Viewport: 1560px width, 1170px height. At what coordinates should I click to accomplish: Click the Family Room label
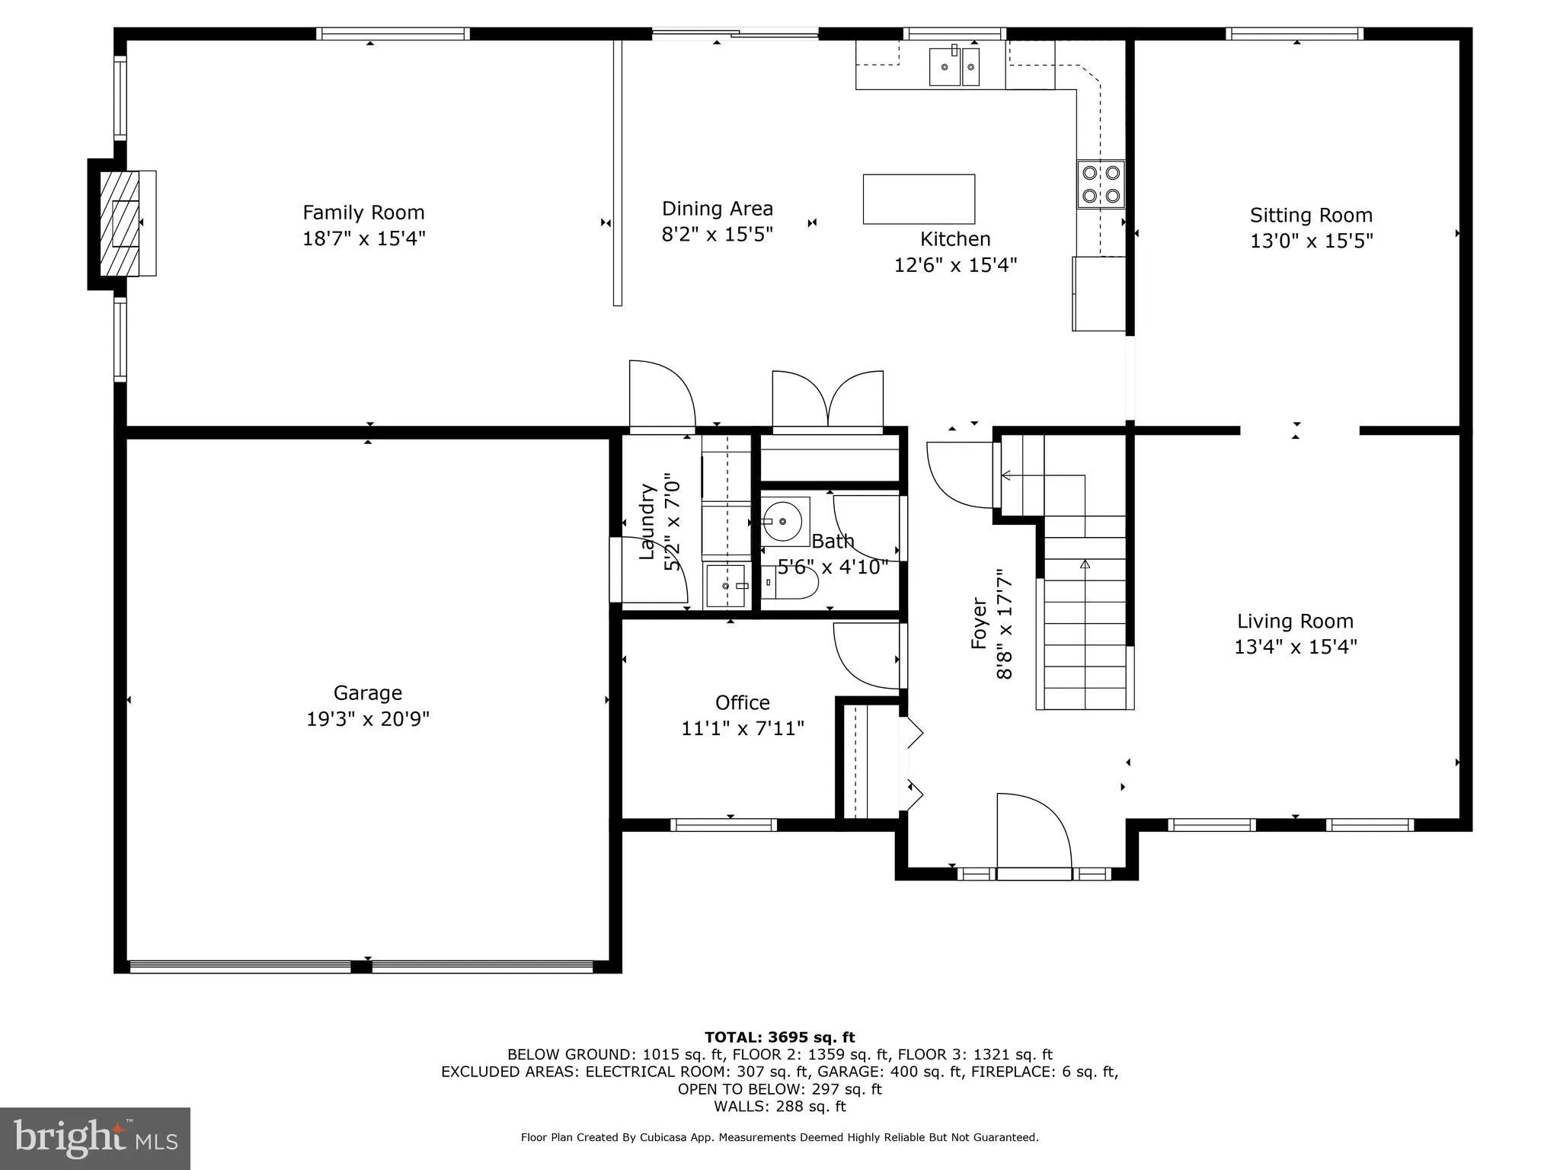click(363, 213)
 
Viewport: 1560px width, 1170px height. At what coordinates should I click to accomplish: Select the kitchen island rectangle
click(919, 199)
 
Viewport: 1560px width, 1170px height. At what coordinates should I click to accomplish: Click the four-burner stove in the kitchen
click(1100, 184)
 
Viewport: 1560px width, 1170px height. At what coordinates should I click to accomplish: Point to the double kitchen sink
click(954, 67)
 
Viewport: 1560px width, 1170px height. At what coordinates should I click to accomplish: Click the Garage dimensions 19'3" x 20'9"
click(368, 719)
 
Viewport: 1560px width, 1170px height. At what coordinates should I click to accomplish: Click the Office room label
click(742, 702)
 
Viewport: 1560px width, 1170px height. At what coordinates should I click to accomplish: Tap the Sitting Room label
click(1311, 216)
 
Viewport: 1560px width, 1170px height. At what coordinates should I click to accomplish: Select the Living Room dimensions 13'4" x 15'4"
click(1295, 647)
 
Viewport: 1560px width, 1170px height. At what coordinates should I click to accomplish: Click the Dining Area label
click(717, 209)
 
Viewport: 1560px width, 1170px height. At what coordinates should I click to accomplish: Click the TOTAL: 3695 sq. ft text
click(779, 1037)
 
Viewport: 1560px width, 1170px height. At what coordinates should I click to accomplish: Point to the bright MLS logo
click(95, 1138)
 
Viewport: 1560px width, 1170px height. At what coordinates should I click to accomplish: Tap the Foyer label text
click(979, 624)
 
